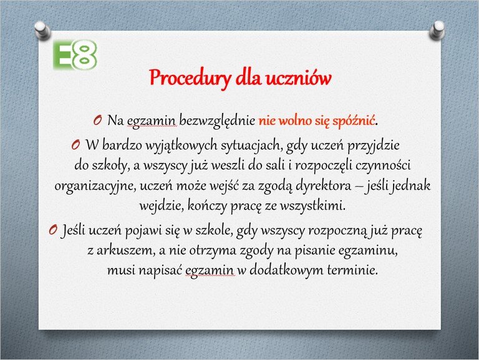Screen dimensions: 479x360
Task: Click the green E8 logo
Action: [75, 55]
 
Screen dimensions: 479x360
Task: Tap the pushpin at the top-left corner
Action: [42, 31]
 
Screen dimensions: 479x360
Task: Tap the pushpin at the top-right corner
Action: [437, 30]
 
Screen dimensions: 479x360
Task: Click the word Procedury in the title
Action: [190, 79]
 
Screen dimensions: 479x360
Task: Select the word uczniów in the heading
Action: [298, 77]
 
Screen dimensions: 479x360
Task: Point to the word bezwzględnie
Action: [217, 120]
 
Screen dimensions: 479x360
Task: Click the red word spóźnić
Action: [354, 120]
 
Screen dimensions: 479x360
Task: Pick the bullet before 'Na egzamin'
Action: [98, 120]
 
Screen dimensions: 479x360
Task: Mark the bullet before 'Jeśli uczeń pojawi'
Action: [53, 230]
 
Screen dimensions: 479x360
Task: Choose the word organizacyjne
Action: [95, 186]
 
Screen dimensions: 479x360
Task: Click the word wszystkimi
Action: [313, 206]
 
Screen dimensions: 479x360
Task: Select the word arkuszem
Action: [124, 251]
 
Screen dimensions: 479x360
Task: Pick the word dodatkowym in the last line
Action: [286, 270]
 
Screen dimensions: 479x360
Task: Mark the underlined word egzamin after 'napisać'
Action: [210, 271]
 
